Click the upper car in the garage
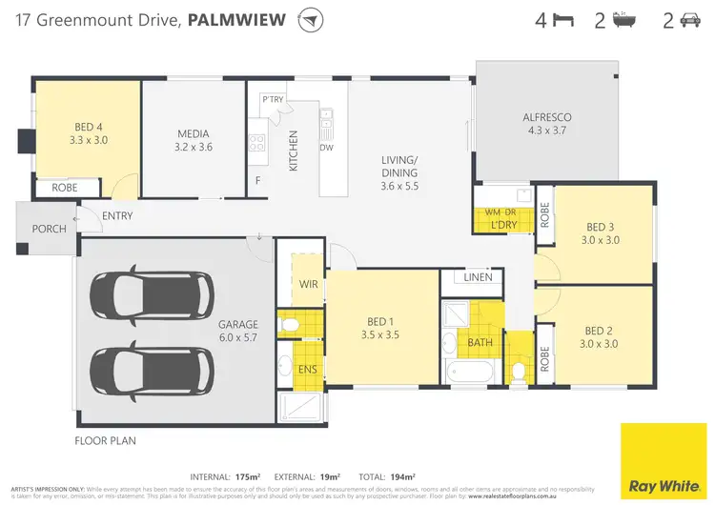point(153,294)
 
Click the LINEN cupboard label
point(479,277)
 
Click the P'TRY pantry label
point(273,99)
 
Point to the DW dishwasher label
point(326,147)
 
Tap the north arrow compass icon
point(310,20)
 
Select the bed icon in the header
point(562,19)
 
